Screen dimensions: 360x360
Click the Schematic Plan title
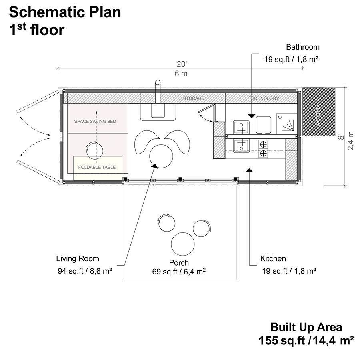coord(65,12)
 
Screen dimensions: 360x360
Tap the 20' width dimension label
coord(182,64)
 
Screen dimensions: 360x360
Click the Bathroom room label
coord(303,47)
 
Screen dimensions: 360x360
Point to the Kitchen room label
coord(273,258)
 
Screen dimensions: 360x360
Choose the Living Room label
coord(78,259)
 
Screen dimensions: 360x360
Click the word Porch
coord(179,263)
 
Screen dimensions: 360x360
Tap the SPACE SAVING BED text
coord(95,121)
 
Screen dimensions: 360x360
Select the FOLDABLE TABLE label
coord(97,167)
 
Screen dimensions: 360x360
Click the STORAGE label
coord(194,98)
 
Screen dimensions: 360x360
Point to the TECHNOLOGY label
coord(264,98)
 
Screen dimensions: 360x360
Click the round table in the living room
coord(161,156)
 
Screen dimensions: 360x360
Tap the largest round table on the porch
coord(183,244)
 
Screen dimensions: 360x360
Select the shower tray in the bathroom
coord(287,124)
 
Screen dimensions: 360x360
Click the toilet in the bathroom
coord(263,125)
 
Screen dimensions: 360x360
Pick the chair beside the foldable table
coord(94,150)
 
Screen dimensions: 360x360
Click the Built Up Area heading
coord(306,327)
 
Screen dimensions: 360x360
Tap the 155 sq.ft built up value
coord(282,340)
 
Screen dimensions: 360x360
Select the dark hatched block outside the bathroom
coord(319,112)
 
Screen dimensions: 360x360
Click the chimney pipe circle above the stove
coord(158,82)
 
